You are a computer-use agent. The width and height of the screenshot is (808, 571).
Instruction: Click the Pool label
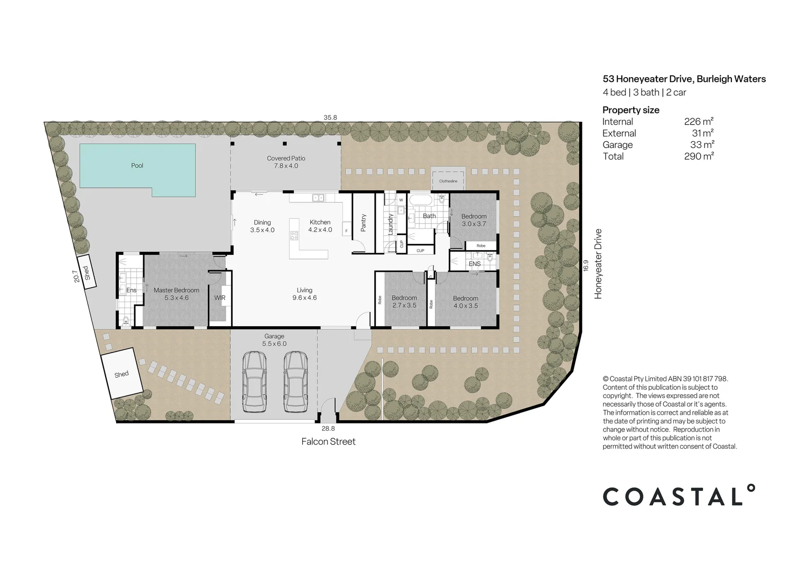click(137, 165)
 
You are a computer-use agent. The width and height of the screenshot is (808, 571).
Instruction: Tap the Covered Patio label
click(286, 162)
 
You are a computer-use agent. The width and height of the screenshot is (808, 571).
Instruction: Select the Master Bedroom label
click(176, 294)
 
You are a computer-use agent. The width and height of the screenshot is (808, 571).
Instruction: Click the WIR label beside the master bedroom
click(220, 298)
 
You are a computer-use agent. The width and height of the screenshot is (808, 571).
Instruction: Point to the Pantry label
click(364, 223)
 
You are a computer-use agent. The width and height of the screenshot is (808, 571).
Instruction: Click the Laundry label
click(391, 224)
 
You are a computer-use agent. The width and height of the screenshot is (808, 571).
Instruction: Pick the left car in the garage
click(254, 382)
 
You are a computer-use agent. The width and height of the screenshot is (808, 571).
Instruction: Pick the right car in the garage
click(295, 382)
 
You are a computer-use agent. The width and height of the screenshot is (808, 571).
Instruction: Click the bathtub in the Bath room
click(421, 200)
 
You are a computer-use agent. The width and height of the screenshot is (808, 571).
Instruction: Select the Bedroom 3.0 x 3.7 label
click(473, 220)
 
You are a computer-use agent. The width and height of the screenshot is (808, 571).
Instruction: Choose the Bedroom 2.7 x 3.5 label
click(404, 301)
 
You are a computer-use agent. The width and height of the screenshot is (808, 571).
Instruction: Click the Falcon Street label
click(328, 441)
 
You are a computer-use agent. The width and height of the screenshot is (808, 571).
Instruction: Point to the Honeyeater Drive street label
click(598, 264)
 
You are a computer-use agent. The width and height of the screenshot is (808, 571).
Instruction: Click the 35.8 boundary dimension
click(330, 117)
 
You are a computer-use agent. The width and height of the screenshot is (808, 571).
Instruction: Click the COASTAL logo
click(679, 496)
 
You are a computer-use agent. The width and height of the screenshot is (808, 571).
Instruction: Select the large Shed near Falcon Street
click(122, 374)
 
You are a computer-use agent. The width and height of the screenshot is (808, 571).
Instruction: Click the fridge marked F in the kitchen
click(347, 231)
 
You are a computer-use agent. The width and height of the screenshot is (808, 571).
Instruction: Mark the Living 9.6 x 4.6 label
click(304, 294)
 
